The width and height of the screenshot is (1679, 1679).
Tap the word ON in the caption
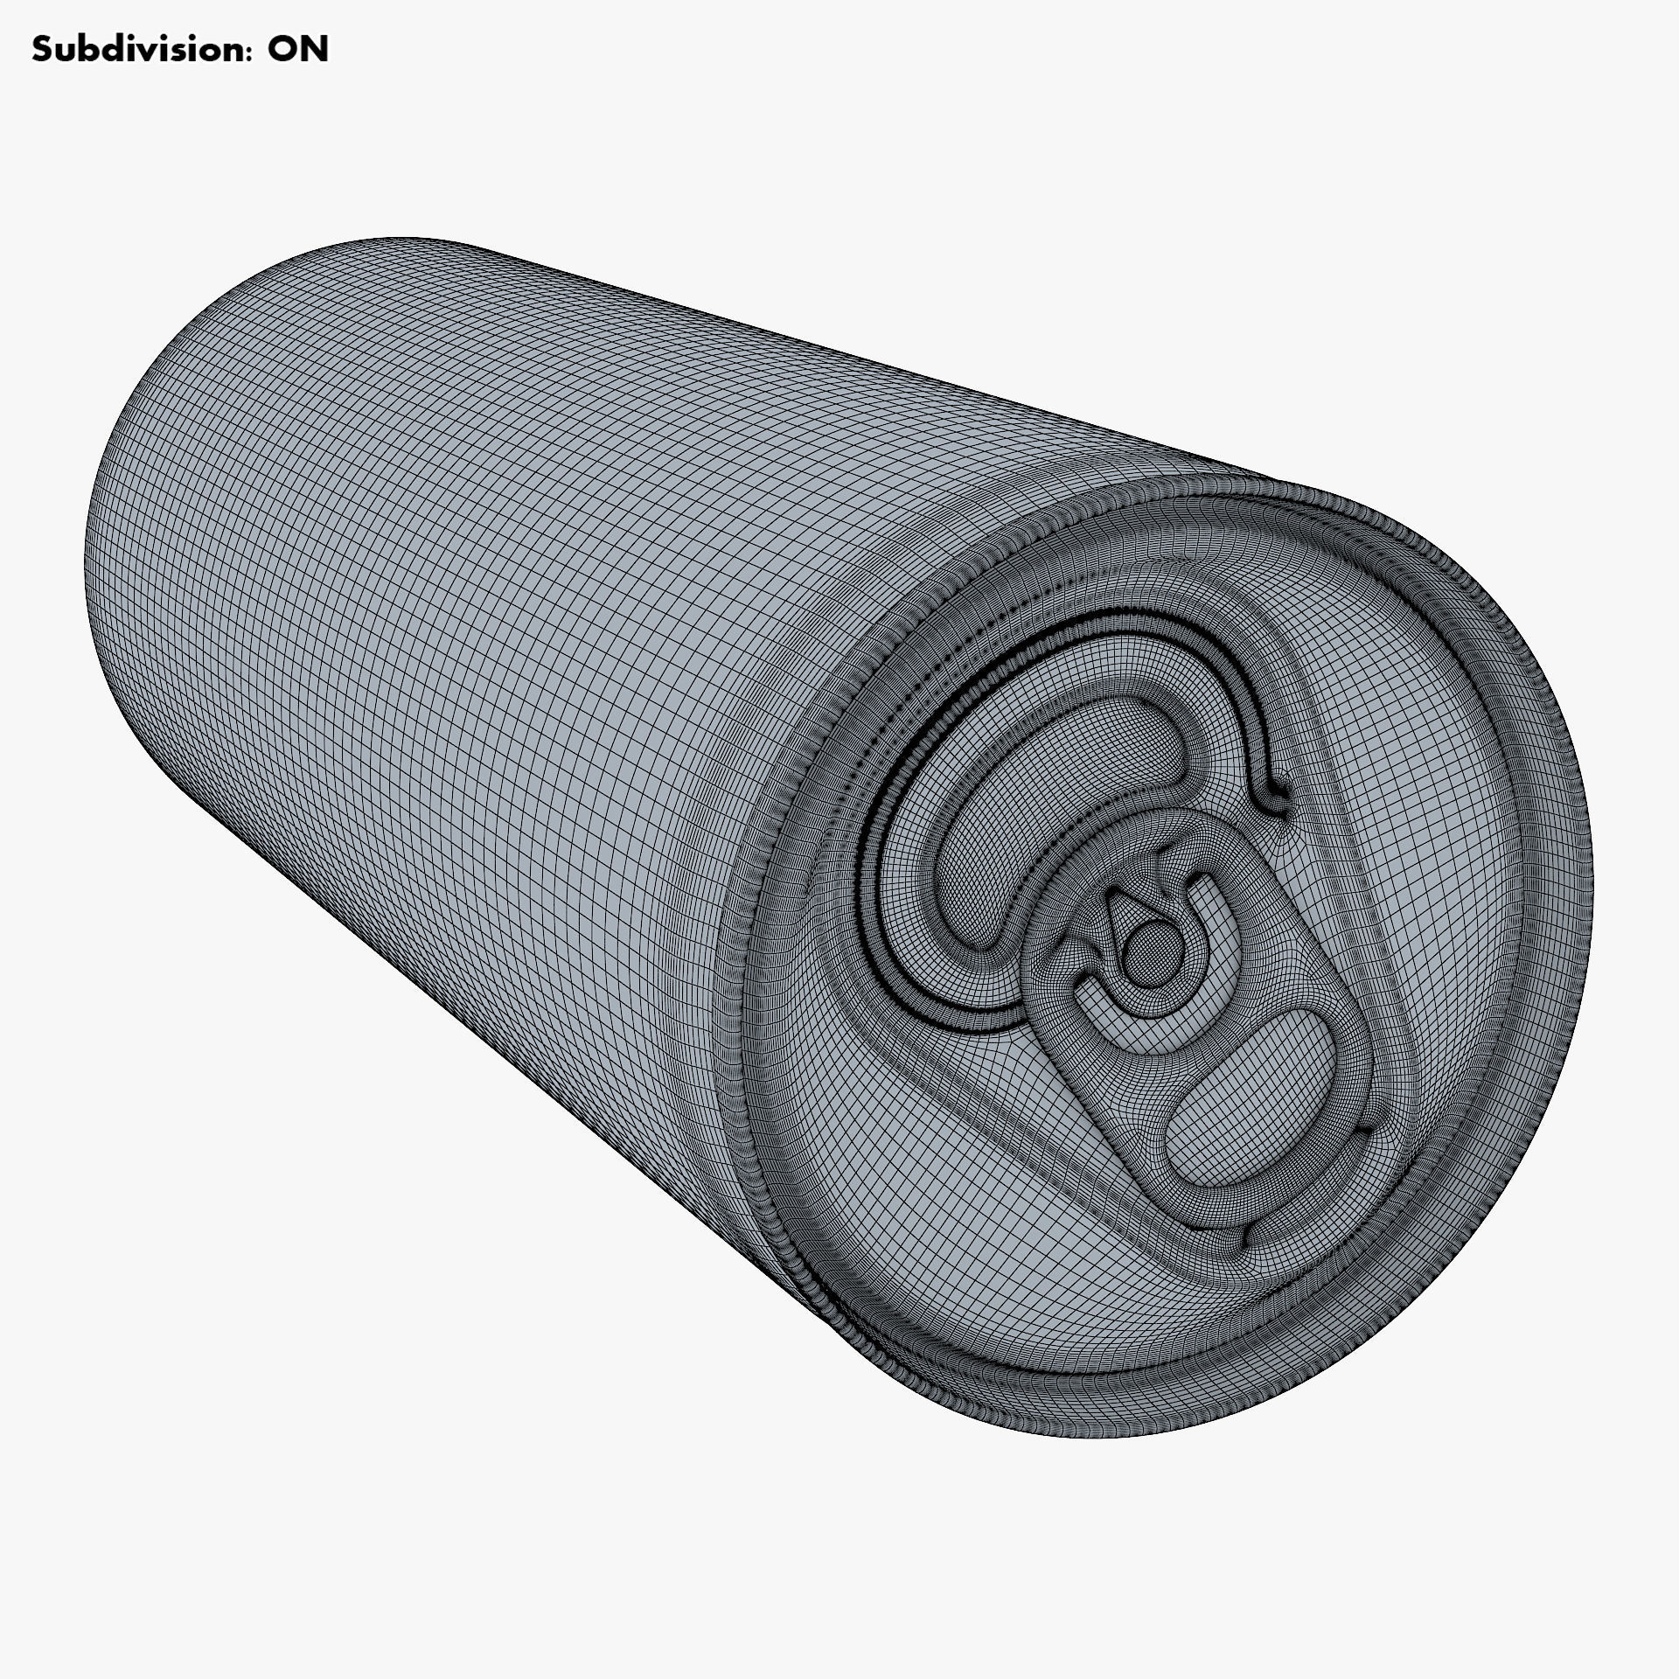click(297, 50)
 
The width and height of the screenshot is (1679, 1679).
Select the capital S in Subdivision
click(42, 50)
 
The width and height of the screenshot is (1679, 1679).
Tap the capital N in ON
click(314, 50)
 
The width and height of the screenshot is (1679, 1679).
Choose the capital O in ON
click(282, 50)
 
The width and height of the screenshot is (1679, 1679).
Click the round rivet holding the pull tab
click(1141, 946)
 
